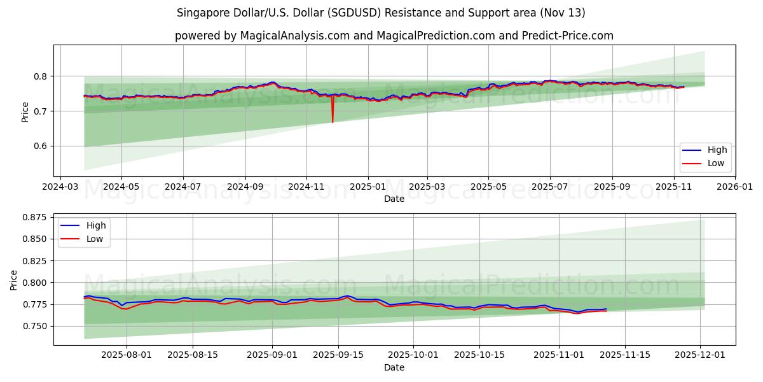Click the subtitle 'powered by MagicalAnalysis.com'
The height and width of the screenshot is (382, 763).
click(394, 36)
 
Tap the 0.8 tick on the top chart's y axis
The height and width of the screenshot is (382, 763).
click(41, 76)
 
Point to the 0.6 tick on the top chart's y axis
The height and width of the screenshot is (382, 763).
click(41, 146)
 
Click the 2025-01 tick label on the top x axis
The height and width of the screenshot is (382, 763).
click(368, 188)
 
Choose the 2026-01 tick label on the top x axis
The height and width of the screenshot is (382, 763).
click(735, 188)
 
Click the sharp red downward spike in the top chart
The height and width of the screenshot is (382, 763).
click(333, 118)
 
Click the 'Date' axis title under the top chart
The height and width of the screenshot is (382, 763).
click(394, 199)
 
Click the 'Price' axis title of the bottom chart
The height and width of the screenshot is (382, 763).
click(15, 279)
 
